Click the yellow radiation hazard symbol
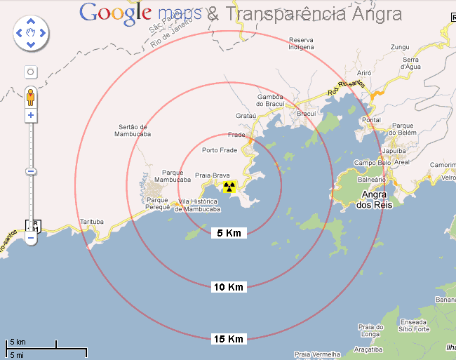(229, 187)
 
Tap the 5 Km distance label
(229, 232)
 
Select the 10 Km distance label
(229, 286)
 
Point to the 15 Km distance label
(229, 339)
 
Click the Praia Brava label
(213, 175)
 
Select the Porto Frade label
(220, 150)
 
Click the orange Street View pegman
(30, 96)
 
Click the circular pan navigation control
(31, 32)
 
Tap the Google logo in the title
(116, 13)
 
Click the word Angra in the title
(377, 13)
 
